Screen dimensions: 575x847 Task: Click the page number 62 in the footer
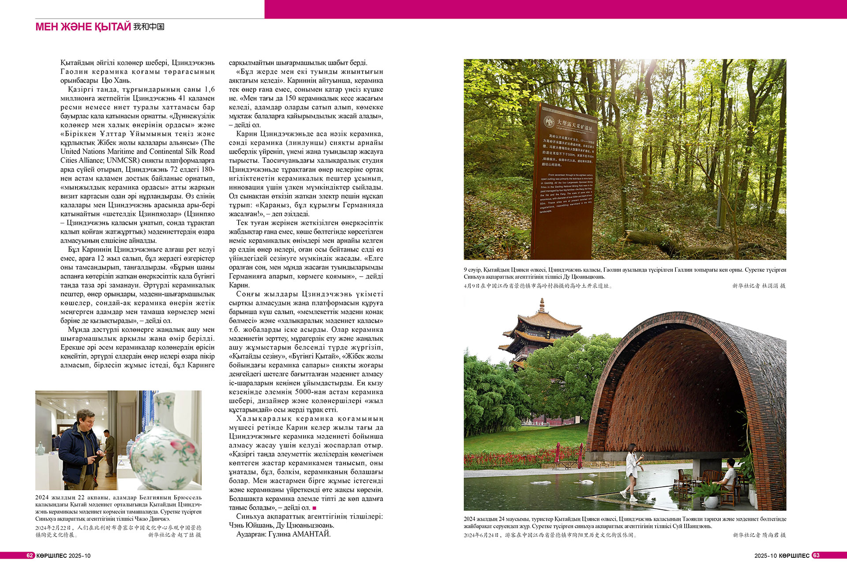click(30, 556)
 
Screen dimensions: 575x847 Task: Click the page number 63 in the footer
click(816, 556)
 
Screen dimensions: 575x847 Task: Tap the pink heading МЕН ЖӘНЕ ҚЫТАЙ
click(83, 27)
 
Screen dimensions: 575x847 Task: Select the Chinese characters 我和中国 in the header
click(149, 27)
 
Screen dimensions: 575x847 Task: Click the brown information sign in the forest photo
click(565, 181)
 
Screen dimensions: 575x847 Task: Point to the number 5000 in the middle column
click(304, 392)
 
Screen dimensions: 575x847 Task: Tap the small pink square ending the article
click(314, 508)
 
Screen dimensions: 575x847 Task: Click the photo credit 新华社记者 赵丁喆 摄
click(174, 535)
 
